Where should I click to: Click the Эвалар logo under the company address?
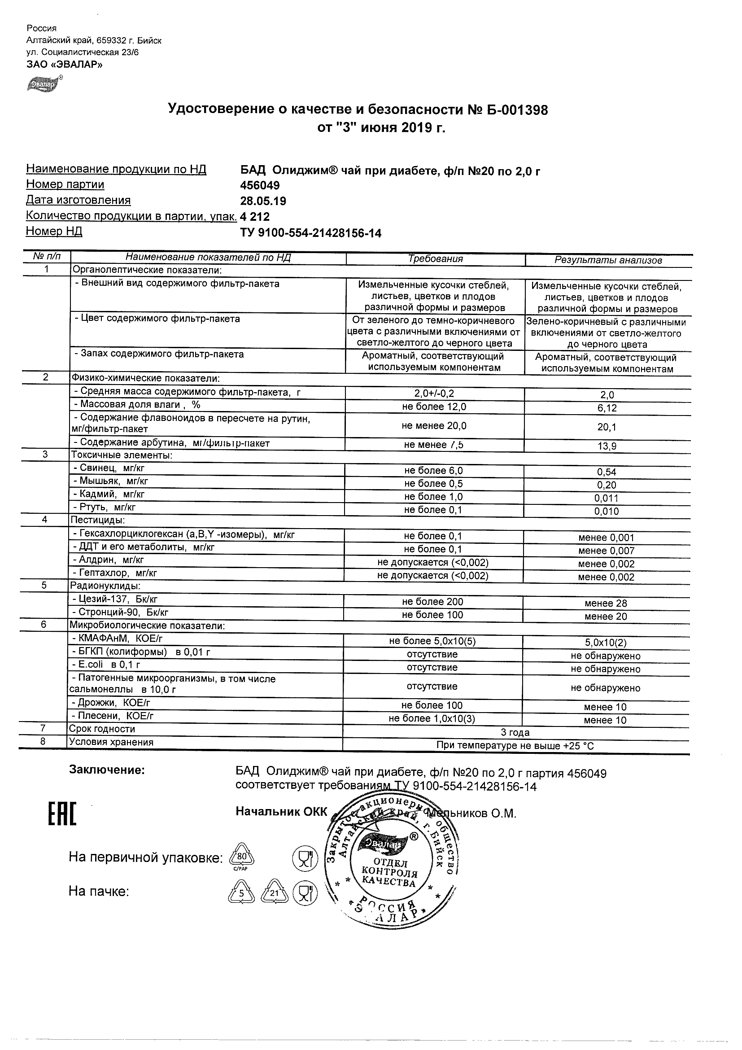(44, 84)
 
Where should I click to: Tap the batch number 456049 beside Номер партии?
(260, 185)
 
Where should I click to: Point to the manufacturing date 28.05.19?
(263, 201)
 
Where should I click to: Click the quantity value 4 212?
(255, 217)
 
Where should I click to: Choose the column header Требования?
(435, 259)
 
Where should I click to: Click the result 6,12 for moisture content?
(607, 408)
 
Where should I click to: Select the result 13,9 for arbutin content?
(607, 446)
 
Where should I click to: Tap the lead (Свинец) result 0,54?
(607, 472)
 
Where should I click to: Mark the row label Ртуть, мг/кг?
(104, 507)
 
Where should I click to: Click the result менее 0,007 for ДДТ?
(606, 551)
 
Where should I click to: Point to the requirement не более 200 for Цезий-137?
(432, 602)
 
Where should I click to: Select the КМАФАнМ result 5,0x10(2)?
(606, 643)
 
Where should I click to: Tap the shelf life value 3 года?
(515, 733)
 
